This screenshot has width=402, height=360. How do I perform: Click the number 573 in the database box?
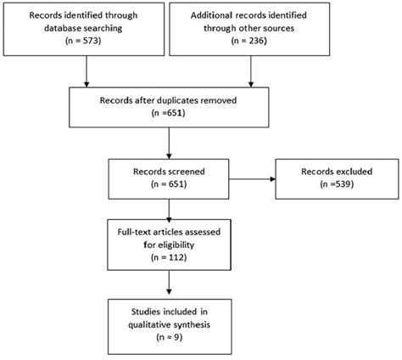pos(90,41)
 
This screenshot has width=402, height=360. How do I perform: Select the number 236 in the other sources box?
pos(256,41)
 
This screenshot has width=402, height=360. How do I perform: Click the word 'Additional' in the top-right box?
pos(210,15)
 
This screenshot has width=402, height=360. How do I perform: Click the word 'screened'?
pos(187,172)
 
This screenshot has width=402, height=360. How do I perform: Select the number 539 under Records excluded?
pos(343,184)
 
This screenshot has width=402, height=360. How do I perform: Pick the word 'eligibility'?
pos(176,245)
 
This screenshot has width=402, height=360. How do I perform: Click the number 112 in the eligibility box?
pos(176,257)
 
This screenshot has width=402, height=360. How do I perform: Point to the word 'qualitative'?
pos(149,324)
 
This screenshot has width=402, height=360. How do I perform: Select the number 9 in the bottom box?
pos(176,337)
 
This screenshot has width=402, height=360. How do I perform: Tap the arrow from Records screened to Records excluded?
pos(252,179)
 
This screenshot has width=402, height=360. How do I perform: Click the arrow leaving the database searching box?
pos(87,71)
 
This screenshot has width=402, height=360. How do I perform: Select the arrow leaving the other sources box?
pos(251,71)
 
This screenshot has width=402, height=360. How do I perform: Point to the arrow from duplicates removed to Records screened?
pos(169,143)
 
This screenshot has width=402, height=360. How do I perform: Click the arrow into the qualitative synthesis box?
pos(169,283)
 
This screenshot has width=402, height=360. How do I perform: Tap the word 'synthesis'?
pos(192,324)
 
